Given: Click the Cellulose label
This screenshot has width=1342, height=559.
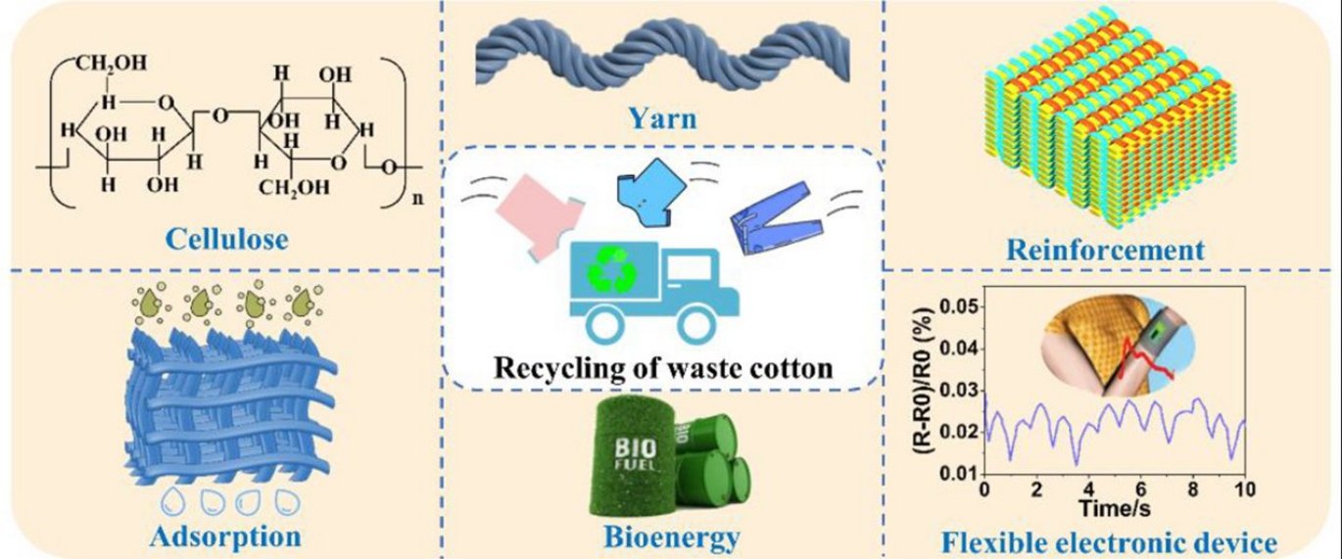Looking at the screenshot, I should coord(227,238).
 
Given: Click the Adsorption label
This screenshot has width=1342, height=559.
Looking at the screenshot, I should coord(226,536).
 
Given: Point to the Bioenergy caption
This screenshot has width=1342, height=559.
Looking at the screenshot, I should coord(671,536).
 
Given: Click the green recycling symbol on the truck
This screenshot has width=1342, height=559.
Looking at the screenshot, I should coord(609,270).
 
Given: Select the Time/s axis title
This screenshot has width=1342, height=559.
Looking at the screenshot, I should coord(1114,506).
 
